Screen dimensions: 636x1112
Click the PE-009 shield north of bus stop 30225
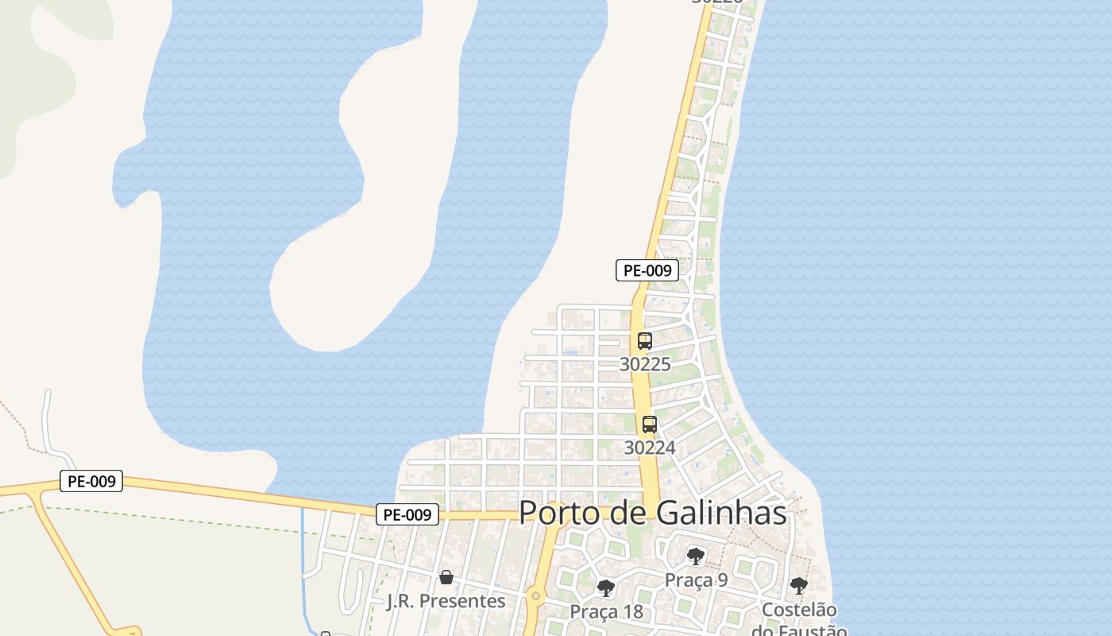pyautogui.click(x=647, y=270)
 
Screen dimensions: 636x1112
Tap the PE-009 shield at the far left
pyautogui.click(x=91, y=481)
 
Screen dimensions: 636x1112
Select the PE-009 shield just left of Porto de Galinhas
pyautogui.click(x=407, y=514)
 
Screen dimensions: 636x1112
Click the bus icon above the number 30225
pyautogui.click(x=645, y=341)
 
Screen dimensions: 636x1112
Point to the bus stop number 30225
pyautogui.click(x=645, y=364)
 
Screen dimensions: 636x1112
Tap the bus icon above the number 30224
pyautogui.click(x=650, y=425)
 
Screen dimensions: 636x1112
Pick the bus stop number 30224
pyautogui.click(x=650, y=448)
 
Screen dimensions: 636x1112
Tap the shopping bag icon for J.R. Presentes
pyautogui.click(x=446, y=576)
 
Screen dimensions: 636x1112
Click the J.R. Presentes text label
pyautogui.click(x=446, y=601)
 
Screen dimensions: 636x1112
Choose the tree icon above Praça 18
pyautogui.click(x=606, y=588)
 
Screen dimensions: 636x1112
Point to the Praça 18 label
pyautogui.click(x=606, y=612)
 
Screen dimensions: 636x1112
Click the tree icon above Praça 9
pyautogui.click(x=696, y=556)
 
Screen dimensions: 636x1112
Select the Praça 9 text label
pyautogui.click(x=696, y=580)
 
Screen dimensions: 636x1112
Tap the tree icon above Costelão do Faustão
pyautogui.click(x=799, y=586)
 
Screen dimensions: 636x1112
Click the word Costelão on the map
pyautogui.click(x=799, y=610)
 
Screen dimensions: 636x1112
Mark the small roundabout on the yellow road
pyautogui.click(x=536, y=595)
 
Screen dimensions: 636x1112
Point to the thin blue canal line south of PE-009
pyautogui.click(x=303, y=556)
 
